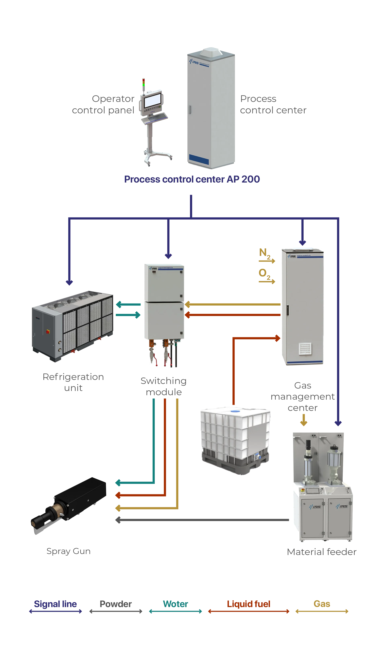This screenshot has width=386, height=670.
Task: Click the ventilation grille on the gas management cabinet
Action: [305, 349]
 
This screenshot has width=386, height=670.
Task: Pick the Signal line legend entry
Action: [55, 604]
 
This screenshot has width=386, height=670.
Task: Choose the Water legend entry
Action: [175, 604]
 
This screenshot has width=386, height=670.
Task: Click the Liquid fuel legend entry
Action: [248, 604]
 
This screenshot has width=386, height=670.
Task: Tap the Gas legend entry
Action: [322, 604]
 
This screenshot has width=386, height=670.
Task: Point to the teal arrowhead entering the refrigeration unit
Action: [119, 305]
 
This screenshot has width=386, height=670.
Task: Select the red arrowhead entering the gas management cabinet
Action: [278, 338]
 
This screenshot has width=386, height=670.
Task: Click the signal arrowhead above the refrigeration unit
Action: [69, 282]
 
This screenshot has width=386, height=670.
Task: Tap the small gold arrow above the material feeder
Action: [304, 423]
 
